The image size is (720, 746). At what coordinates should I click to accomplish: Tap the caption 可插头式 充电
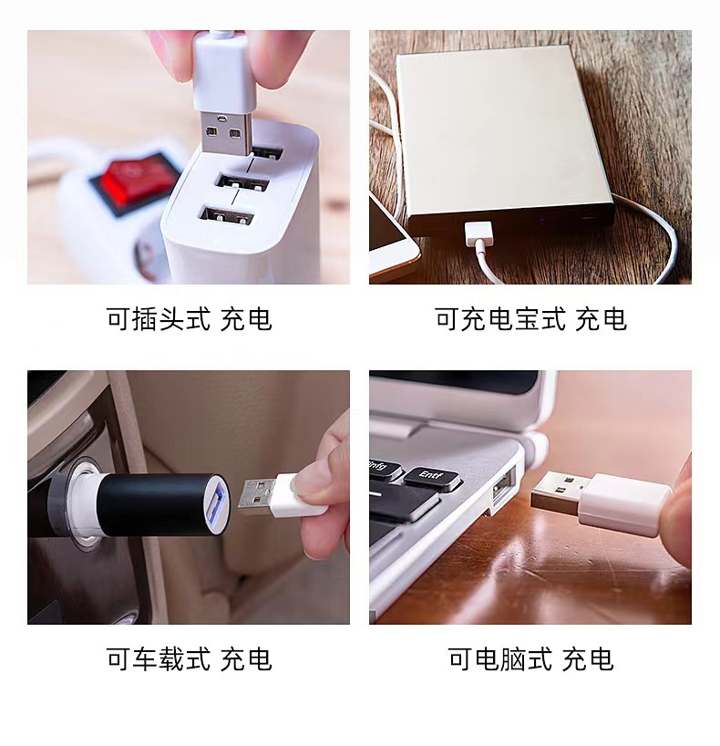point(190,319)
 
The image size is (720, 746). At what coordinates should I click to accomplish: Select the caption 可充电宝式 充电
point(530,319)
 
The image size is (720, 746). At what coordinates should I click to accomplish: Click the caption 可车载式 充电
point(190,659)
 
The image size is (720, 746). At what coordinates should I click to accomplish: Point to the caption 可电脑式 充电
point(530,659)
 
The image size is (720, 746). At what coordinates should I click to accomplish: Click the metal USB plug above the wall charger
point(226,132)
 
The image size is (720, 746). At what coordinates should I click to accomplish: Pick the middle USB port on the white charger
point(243,182)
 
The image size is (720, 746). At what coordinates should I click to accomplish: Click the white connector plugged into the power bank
point(479,233)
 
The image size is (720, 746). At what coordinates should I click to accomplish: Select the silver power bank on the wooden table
point(504,143)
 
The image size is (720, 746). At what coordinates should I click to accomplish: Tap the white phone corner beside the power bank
point(391,243)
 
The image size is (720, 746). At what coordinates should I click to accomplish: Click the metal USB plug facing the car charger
point(258,498)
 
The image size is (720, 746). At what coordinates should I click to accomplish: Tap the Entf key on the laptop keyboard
point(431,478)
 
